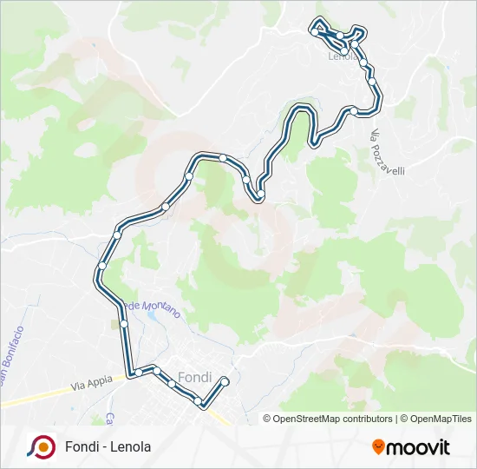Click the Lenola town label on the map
pyautogui.click(x=343, y=57)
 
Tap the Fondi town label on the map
pyautogui.click(x=193, y=378)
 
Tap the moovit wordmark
pyautogui.click(x=419, y=447)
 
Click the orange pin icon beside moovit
pyautogui.click(x=378, y=447)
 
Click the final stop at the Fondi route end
pyautogui.click(x=225, y=380)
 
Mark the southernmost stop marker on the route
pyautogui.click(x=202, y=402)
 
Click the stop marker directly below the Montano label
pyautogui.click(x=124, y=323)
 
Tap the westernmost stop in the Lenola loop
pyautogui.click(x=313, y=31)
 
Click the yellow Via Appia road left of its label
pyautogui.click(x=35, y=395)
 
